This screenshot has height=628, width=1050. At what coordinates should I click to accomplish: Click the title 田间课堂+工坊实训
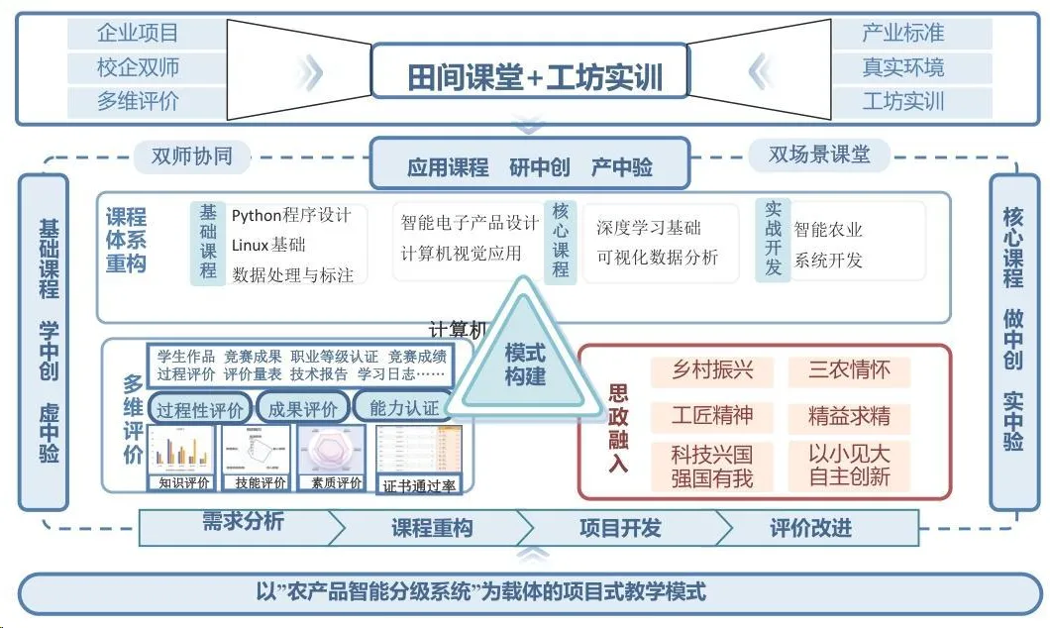click(x=535, y=76)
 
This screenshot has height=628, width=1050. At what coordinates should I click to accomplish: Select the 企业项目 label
click(x=138, y=33)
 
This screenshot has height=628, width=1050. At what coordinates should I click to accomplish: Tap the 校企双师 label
click(x=138, y=67)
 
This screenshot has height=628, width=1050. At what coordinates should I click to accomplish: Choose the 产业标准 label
click(x=902, y=33)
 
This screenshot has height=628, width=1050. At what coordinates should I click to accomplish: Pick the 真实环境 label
click(x=902, y=67)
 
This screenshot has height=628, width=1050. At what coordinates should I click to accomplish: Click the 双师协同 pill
click(x=191, y=156)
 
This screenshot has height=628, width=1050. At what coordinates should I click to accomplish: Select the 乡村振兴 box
click(x=712, y=370)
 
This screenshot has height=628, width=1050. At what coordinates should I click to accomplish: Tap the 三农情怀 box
click(x=849, y=370)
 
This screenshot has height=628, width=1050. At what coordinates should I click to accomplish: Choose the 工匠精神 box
click(x=712, y=414)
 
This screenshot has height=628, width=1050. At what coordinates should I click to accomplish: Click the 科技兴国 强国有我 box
click(x=712, y=467)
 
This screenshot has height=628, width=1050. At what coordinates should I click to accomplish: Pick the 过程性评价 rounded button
click(x=200, y=408)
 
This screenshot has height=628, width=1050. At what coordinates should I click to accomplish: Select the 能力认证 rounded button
click(x=403, y=408)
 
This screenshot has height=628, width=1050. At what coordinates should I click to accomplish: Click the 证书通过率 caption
click(x=419, y=485)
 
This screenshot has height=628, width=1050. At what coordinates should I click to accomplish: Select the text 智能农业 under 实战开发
click(x=828, y=230)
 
